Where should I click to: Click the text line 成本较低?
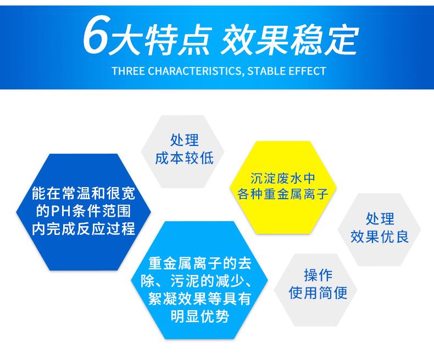coord(184,158)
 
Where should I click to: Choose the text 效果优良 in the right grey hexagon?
coord(379,237)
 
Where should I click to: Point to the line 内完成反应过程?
coord(83,228)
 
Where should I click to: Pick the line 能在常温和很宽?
coord(83,194)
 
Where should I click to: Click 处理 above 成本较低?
coord(184,140)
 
